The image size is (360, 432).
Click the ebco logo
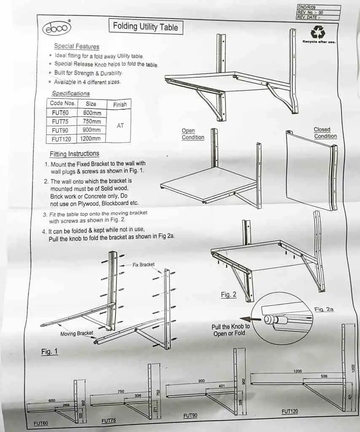coord(57,28)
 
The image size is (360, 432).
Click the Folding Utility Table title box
coord(145,27)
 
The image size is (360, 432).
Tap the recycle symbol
coord(317,32)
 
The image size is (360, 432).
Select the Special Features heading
coord(76,46)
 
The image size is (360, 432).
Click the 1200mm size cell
coord(91,139)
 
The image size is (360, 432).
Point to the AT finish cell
coord(120,126)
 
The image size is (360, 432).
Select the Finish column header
coord(120,104)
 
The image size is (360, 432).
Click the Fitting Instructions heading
coord(74,154)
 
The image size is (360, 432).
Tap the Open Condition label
coord(193,134)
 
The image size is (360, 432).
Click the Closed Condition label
coord(325,133)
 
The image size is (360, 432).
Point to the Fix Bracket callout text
coord(143,265)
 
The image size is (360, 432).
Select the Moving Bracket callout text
coord(77,333)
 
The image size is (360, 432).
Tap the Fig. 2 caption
coord(228,295)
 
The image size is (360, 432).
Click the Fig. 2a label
coord(324,310)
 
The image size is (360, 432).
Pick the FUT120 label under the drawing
coord(290,411)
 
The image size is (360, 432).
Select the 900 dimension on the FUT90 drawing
coord(201,381)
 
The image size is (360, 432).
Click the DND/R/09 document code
coord(306,7)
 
